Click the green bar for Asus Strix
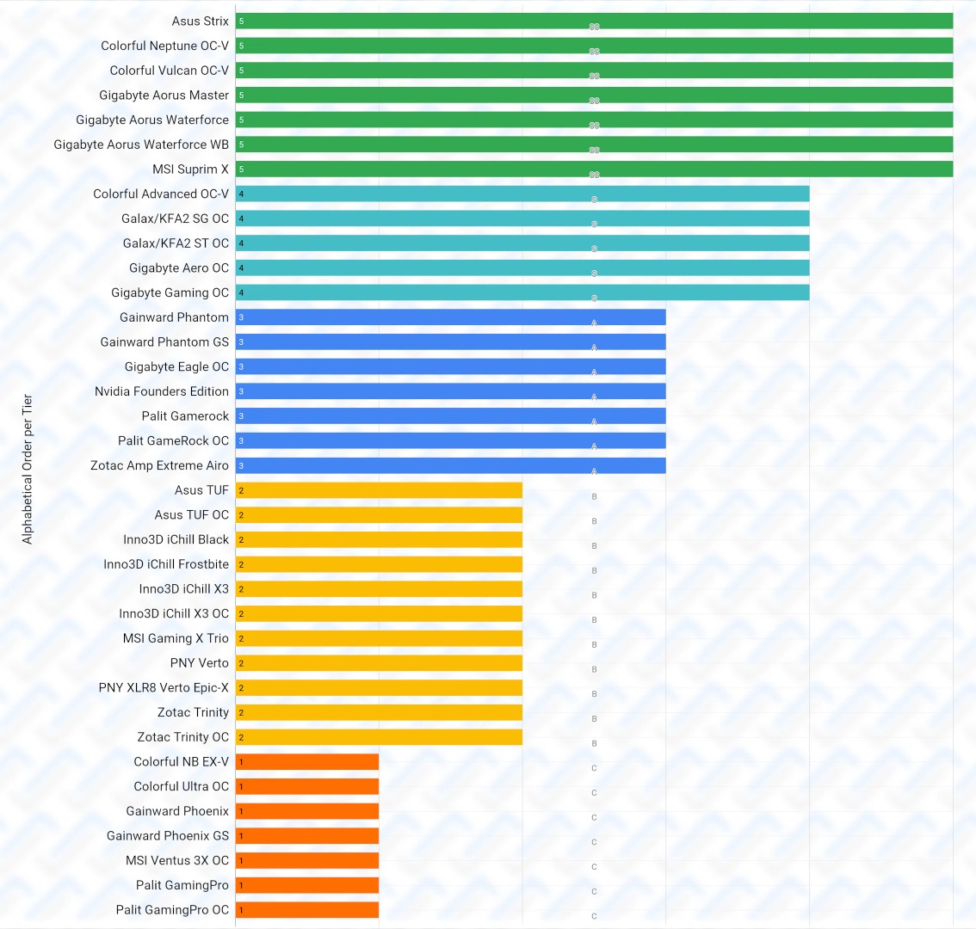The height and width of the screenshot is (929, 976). click(x=594, y=21)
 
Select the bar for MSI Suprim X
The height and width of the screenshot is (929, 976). click(x=594, y=169)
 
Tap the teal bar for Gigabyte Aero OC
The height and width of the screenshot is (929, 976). click(x=522, y=268)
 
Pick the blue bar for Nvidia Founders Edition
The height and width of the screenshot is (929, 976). click(x=450, y=391)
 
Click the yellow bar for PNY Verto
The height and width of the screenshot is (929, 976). click(x=379, y=663)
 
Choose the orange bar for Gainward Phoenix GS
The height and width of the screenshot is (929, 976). click(x=307, y=836)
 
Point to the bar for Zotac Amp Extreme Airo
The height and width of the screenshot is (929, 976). click(x=450, y=465)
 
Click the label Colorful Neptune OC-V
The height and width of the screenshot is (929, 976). click(x=165, y=46)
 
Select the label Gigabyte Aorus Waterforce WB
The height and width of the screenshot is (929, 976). click(x=141, y=145)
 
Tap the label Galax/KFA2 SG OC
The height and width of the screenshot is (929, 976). click(x=176, y=218)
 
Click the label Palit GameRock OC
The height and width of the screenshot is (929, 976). click(x=174, y=440)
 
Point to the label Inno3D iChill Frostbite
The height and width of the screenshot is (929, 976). click(x=166, y=564)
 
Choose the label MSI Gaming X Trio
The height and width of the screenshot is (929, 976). click(x=176, y=638)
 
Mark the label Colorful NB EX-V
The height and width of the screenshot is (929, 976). click(x=182, y=761)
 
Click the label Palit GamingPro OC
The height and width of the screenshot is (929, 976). click(x=173, y=910)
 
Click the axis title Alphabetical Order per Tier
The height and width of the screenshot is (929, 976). click(x=28, y=469)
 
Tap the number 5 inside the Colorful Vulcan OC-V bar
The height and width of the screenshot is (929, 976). click(x=241, y=71)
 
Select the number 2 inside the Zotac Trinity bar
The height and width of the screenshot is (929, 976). click(x=241, y=713)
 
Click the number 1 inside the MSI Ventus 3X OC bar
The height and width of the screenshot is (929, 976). click(x=241, y=861)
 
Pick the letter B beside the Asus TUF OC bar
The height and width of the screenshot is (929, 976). click(x=594, y=521)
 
